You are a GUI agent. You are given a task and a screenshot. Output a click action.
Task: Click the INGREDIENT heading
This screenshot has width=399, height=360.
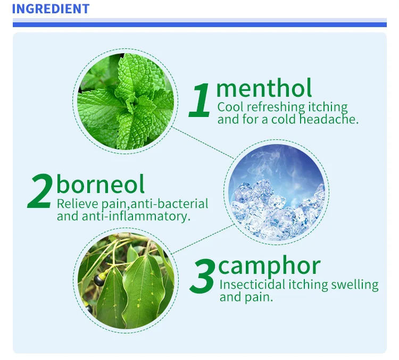(x=50, y=9)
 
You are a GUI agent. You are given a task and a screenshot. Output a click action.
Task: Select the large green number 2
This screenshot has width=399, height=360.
(x=40, y=191)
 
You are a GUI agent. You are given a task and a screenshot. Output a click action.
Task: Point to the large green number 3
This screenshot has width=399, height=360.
(x=202, y=277)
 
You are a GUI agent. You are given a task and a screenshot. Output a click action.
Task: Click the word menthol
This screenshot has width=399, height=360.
(x=264, y=88)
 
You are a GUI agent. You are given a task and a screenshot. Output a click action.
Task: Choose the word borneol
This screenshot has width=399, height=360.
(x=101, y=184)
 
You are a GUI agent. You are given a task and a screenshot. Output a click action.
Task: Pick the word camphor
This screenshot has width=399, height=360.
(x=270, y=265)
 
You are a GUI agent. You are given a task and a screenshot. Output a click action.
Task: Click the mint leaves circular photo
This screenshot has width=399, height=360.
(x=126, y=101)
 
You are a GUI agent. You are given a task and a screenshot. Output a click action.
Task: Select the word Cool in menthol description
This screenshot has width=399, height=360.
(x=230, y=107)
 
